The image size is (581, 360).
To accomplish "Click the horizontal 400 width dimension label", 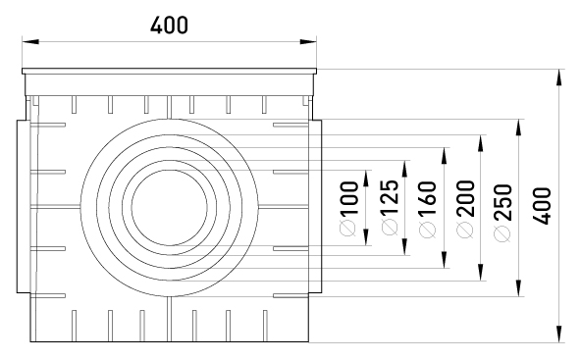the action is point(169,26).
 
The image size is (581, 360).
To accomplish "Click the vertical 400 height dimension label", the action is point(542,206).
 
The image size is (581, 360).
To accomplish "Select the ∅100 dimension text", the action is point(348,208).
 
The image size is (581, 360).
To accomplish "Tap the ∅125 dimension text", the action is point(390,207).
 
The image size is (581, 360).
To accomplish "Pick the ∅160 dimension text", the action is point(427,209).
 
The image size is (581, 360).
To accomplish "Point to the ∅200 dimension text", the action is point(465,209).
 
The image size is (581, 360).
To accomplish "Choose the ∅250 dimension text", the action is point(502,213).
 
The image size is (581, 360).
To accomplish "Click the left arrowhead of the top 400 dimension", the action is point(30,41).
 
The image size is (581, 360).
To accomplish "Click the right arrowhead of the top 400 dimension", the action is point(308,41).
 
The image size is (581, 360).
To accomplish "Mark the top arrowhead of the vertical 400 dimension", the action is point(559,77).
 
